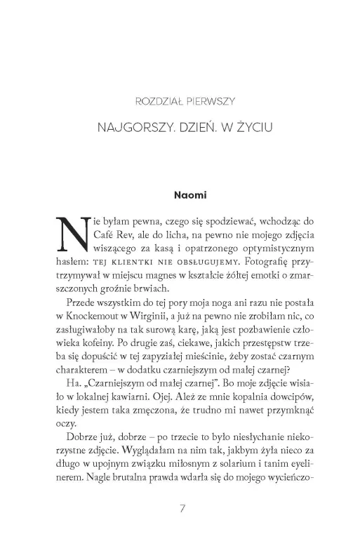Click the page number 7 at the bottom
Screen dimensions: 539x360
[182, 507]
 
